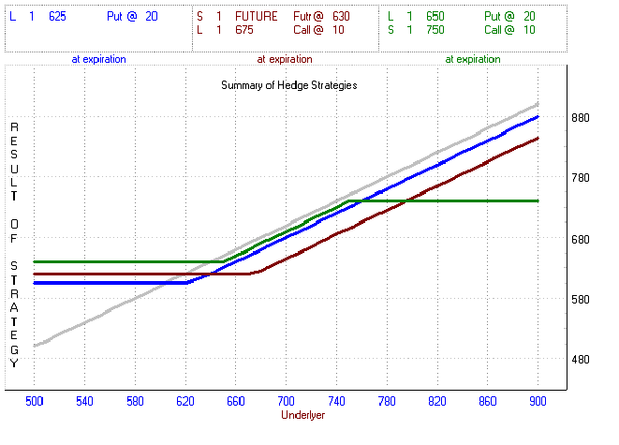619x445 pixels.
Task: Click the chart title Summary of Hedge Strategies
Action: coord(289,84)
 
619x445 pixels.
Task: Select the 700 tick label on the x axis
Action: coord(287,401)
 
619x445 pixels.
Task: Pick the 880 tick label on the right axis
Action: coord(582,118)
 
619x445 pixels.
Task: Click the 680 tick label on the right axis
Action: coord(582,239)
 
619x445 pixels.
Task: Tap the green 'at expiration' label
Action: coord(472,59)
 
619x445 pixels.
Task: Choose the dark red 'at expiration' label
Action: coord(284,59)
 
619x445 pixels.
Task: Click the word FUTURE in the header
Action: coord(257,16)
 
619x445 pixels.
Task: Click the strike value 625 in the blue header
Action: coord(58,16)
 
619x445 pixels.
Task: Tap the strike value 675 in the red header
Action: coord(245,30)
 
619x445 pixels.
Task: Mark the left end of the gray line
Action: coord(35,346)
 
